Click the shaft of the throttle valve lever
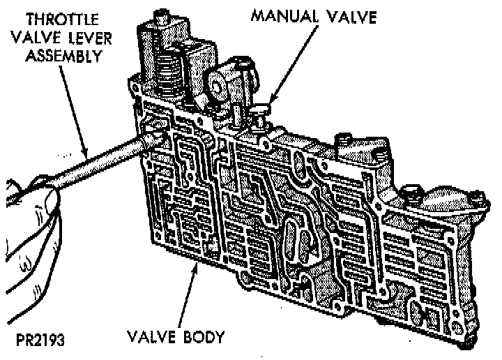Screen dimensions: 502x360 (98, 160)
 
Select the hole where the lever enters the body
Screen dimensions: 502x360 (150, 132)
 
